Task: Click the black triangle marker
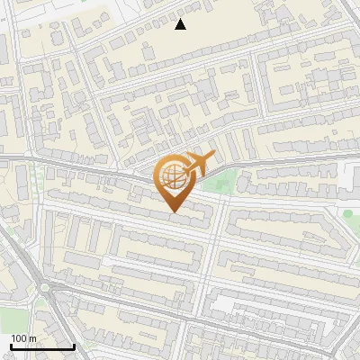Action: point(180,24)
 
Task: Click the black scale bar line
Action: point(41,346)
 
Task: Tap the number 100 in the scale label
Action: point(19,338)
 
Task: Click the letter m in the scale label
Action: point(32,338)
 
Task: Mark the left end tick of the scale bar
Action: point(10,345)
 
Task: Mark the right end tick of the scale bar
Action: point(74,345)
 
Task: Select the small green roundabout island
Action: point(43,288)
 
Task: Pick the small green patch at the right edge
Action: point(347,214)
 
